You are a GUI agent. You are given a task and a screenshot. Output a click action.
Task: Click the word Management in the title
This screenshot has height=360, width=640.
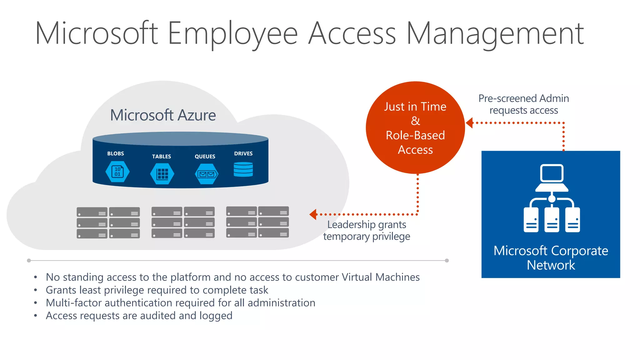click(495, 34)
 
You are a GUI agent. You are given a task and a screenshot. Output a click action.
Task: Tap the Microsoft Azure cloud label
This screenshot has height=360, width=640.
click(163, 115)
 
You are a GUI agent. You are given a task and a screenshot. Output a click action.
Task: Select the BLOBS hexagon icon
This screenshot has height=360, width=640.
click(117, 172)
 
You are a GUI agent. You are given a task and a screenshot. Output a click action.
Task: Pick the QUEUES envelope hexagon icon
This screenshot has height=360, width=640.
click(206, 174)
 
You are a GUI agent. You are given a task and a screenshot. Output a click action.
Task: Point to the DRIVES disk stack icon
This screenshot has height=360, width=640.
click(243, 169)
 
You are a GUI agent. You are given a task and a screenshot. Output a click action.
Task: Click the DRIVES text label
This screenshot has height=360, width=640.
click(243, 153)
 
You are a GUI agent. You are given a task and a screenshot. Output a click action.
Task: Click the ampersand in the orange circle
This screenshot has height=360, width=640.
click(415, 121)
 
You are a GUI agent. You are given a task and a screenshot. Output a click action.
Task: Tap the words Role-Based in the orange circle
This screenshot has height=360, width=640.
click(415, 135)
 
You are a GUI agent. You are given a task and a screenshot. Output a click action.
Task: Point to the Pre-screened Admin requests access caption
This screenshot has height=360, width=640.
click(523, 104)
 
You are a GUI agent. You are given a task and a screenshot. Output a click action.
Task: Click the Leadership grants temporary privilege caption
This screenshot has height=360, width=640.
click(367, 231)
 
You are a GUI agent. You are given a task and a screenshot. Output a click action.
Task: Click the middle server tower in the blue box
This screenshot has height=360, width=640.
click(552, 220)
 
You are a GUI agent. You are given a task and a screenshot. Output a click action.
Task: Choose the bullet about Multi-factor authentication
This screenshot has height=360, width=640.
click(180, 303)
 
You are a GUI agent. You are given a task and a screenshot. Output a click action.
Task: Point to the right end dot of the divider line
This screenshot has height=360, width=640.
click(447, 261)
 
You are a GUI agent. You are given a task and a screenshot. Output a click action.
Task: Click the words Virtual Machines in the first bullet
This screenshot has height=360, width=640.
click(380, 277)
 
